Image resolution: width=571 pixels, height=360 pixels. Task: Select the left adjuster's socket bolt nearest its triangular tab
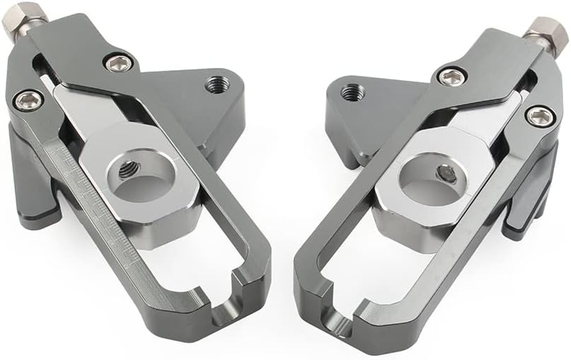(x=118, y=62)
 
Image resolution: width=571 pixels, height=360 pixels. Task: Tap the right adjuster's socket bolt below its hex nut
(x=539, y=115)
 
